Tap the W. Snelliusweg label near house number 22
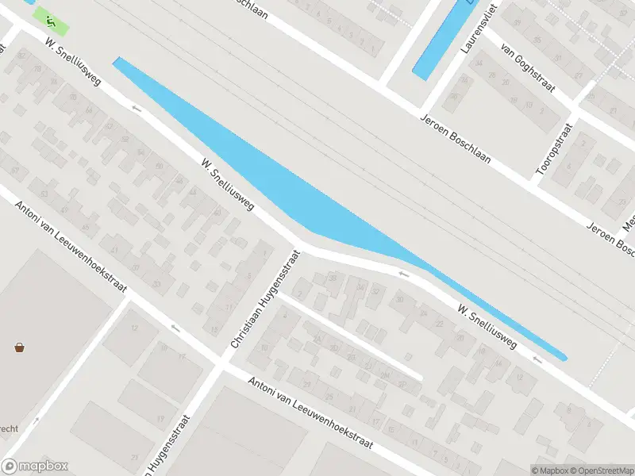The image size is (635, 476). click(x=487, y=326)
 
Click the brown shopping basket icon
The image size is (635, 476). click(x=19, y=347)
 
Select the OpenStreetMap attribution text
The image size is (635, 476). click(x=602, y=470)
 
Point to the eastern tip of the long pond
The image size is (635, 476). click(x=564, y=358)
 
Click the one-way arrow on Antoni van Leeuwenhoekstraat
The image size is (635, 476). click(x=175, y=326)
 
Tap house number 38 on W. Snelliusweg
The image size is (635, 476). click(x=333, y=278)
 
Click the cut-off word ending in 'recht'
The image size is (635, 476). click(x=10, y=428)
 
